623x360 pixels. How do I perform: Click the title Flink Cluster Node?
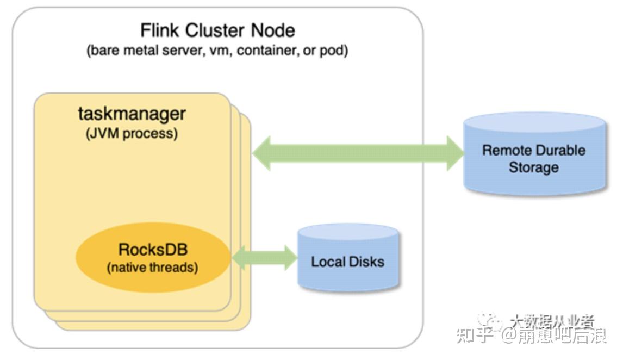(217, 30)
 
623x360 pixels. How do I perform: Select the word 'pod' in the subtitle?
(334, 51)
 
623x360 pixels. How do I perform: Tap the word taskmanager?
(132, 114)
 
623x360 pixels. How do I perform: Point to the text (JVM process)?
(132, 134)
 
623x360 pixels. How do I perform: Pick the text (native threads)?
(153, 268)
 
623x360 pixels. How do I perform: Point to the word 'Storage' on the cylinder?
(533, 167)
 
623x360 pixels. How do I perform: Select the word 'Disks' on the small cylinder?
(366, 262)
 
